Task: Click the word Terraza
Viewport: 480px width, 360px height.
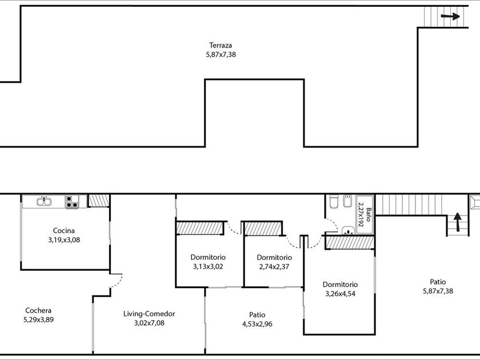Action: (x=221, y=45)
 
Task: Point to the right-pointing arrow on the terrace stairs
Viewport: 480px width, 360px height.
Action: (x=450, y=17)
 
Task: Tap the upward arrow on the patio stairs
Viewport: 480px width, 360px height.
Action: (x=457, y=222)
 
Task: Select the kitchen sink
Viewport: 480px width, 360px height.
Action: (x=44, y=201)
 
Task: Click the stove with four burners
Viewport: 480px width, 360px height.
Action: (x=71, y=202)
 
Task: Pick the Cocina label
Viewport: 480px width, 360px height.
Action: (x=63, y=230)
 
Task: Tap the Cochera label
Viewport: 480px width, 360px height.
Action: (x=38, y=310)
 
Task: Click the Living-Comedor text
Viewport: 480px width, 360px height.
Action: (x=149, y=314)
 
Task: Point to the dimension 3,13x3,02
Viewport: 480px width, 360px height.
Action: (x=208, y=267)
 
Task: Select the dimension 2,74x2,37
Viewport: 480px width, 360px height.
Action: (x=274, y=267)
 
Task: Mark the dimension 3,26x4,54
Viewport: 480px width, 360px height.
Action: (x=340, y=294)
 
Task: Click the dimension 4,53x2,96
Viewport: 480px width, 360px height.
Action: (x=257, y=324)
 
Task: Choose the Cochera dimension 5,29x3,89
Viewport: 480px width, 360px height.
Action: (x=39, y=320)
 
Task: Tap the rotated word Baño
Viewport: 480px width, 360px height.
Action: (x=368, y=215)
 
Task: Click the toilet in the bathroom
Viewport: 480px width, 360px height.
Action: (x=333, y=202)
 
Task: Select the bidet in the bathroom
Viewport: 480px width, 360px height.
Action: (x=347, y=201)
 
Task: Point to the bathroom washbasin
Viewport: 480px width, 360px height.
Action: (x=347, y=230)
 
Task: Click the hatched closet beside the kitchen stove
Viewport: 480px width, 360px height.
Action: (x=99, y=201)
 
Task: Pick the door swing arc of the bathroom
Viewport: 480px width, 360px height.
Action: (x=332, y=226)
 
